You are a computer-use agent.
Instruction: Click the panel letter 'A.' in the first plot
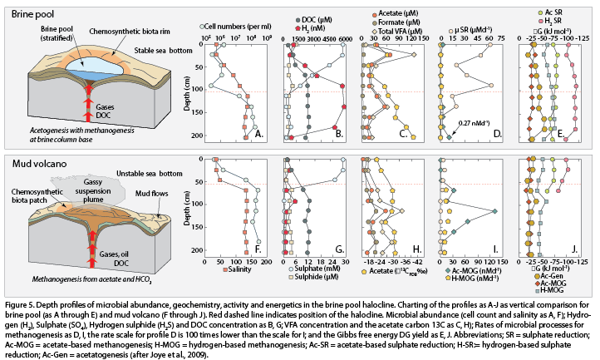258,133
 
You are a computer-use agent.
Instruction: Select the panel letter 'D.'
497,133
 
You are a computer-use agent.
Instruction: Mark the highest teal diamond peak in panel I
494,210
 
